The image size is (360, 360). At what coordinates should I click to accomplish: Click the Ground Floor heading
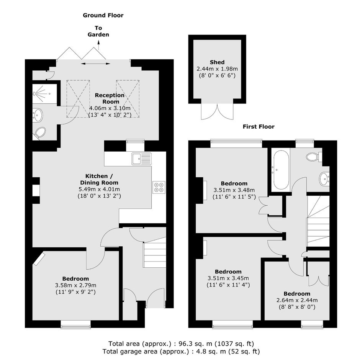(x=103, y=15)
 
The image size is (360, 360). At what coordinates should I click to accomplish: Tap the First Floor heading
(x=259, y=126)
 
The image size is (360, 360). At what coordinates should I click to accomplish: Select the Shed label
(x=217, y=62)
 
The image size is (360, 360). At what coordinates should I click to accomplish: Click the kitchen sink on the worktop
(x=141, y=159)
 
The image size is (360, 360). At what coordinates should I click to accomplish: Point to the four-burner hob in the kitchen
(x=159, y=187)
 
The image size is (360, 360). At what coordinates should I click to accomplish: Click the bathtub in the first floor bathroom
(x=281, y=170)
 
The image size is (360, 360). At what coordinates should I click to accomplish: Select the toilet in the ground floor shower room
(x=39, y=133)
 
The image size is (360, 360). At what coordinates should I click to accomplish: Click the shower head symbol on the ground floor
(x=34, y=94)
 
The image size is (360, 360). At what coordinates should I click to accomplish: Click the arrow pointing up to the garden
(x=99, y=45)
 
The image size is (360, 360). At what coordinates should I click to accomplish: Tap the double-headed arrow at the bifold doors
(x=95, y=64)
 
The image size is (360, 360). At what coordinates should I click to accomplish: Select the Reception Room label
(x=110, y=98)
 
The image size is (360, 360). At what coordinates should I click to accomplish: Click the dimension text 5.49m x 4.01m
(x=99, y=190)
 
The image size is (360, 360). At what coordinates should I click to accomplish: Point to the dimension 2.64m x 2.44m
(x=297, y=300)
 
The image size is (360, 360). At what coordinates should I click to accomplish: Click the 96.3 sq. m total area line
(x=181, y=344)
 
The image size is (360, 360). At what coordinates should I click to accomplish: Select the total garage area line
(x=181, y=351)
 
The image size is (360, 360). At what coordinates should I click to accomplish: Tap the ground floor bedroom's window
(x=76, y=324)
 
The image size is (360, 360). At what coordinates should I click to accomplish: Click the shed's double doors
(x=217, y=111)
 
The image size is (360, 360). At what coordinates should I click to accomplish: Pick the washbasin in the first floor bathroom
(x=324, y=179)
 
